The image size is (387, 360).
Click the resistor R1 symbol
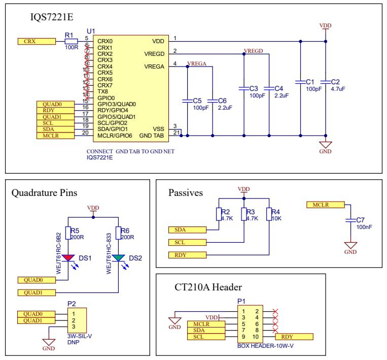click(x=71, y=41)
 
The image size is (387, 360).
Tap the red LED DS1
click(x=68, y=258)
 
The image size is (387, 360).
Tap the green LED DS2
click(x=118, y=258)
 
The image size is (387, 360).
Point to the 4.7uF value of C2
click(x=338, y=88)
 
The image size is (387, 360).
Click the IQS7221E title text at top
click(x=53, y=18)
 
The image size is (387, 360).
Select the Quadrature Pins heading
click(x=45, y=193)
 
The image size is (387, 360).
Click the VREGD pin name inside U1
click(x=154, y=53)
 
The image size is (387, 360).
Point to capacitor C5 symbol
click(x=188, y=101)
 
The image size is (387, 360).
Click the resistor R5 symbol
click(x=68, y=233)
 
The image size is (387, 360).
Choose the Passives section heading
click(x=185, y=193)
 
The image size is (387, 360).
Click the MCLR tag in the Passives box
click(x=326, y=205)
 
